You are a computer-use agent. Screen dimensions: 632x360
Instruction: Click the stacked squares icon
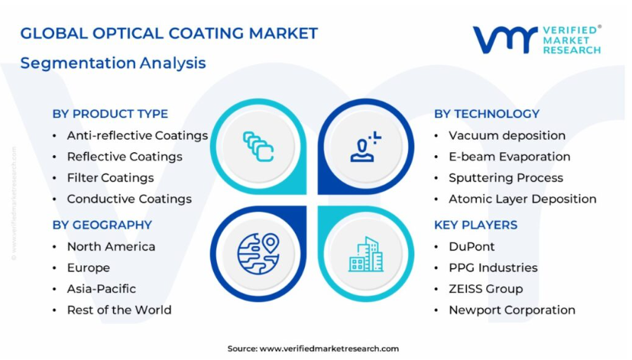[x=258, y=146]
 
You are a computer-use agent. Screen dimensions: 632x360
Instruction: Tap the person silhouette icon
[x=365, y=146]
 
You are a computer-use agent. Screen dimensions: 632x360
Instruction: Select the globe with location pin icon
[x=258, y=254]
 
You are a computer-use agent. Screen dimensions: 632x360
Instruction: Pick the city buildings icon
[x=365, y=254]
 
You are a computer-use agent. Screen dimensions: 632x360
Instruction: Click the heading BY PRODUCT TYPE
[x=110, y=114]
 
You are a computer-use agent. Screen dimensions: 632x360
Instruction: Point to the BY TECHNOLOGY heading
[x=487, y=114]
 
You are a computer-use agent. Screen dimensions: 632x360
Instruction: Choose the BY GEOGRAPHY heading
[x=102, y=225]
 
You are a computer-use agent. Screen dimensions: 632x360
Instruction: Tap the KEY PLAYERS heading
[x=475, y=225]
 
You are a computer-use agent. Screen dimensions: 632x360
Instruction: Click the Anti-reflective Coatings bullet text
[x=138, y=136]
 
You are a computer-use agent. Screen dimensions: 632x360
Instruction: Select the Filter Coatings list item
[x=111, y=178]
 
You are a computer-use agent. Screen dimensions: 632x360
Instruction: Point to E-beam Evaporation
[x=510, y=157]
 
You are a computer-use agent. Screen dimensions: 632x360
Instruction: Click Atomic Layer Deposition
[x=523, y=199]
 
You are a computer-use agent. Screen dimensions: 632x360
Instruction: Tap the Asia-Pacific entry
[x=102, y=289]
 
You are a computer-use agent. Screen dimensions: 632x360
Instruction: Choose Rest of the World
[x=119, y=310]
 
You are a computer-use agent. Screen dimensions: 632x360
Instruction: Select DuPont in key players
[x=472, y=247]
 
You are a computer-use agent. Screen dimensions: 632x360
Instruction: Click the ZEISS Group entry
[x=486, y=289]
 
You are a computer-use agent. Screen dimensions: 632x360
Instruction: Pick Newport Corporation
[x=512, y=310]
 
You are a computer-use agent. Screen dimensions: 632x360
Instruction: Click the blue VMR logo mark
[x=505, y=40]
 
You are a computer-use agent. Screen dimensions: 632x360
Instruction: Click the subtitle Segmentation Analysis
[x=113, y=63]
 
